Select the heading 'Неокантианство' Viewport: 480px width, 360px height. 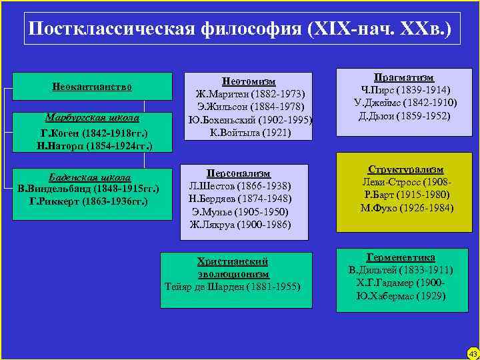92,87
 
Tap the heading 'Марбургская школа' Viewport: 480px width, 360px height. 92,118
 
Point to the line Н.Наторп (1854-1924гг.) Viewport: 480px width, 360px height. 92,145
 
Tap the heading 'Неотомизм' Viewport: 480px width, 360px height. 249,81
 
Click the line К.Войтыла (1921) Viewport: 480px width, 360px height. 249,132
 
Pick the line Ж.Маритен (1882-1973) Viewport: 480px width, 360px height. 249,94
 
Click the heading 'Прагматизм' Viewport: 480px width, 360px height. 405,77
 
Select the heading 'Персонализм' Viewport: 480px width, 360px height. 239,172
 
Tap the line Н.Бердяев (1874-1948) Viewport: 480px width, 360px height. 239,198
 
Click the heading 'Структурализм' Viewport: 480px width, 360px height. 405,169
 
